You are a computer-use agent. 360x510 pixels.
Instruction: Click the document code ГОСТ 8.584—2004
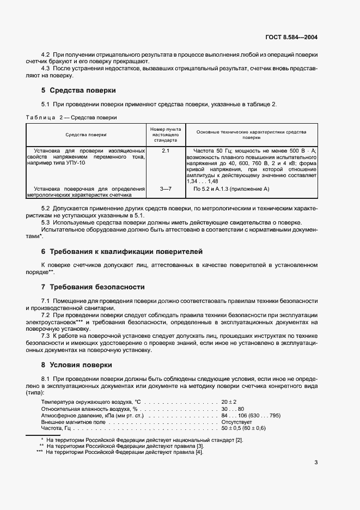tap(291, 38)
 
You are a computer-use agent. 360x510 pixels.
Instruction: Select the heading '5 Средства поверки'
tap(78, 90)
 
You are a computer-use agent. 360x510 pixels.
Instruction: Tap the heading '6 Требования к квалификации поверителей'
tap(121, 251)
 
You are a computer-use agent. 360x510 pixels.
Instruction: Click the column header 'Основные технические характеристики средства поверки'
tap(251, 135)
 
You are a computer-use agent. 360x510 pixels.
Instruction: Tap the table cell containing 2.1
tap(166, 150)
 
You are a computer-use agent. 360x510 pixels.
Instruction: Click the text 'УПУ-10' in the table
tap(78, 163)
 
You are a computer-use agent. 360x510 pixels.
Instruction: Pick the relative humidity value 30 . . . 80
tap(233, 408)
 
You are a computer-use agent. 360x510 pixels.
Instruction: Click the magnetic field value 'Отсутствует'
tap(236, 421)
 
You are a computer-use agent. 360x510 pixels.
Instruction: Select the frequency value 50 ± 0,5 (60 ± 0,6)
tap(243, 428)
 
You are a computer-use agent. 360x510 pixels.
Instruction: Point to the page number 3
tap(316, 463)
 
